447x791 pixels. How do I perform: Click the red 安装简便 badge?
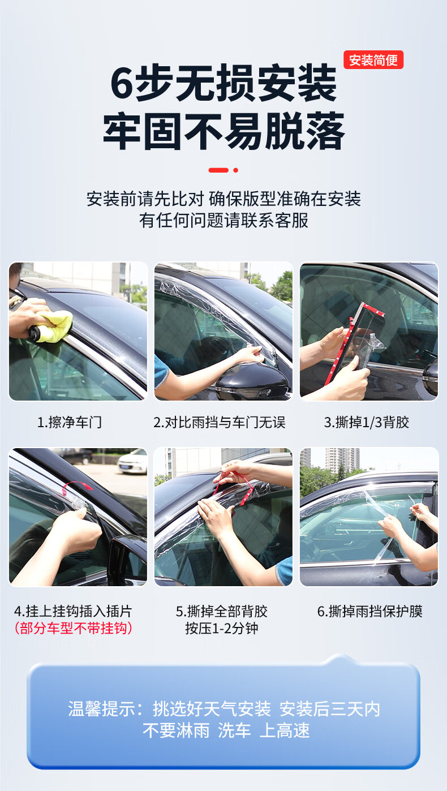pyautogui.click(x=373, y=60)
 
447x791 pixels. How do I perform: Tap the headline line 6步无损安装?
pyautogui.click(x=223, y=83)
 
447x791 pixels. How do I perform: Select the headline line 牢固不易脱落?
pyautogui.click(x=223, y=131)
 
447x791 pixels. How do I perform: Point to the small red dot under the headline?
pyautogui.click(x=236, y=170)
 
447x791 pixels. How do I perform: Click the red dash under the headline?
pyautogui.click(x=218, y=170)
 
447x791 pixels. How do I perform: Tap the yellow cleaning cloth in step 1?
pyautogui.click(x=55, y=326)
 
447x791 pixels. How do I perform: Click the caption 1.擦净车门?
pyautogui.click(x=70, y=422)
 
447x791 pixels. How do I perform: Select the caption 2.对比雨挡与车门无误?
pyautogui.click(x=220, y=422)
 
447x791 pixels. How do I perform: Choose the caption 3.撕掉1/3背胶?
pyautogui.click(x=367, y=422)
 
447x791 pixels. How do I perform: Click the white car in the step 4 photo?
pyautogui.click(x=132, y=462)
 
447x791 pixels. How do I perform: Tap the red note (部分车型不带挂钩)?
pyautogui.click(x=74, y=628)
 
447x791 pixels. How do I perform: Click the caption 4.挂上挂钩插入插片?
pyautogui.click(x=73, y=611)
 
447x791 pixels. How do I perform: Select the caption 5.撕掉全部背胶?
pyautogui.click(x=222, y=611)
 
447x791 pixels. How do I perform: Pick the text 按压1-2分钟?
pyautogui.click(x=222, y=628)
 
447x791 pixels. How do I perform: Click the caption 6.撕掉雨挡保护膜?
pyautogui.click(x=369, y=611)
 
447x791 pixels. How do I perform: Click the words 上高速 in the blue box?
pyautogui.click(x=285, y=730)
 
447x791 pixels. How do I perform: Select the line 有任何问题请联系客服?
pyautogui.click(x=223, y=220)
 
